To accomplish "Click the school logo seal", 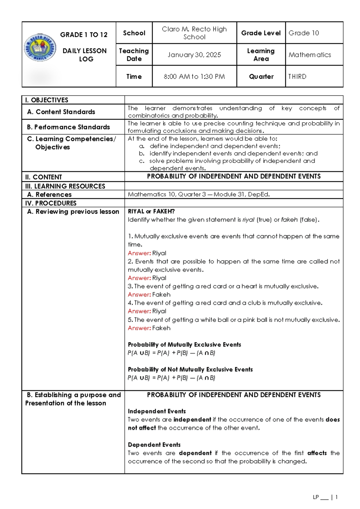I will point(40,47).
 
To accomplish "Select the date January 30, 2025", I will point(194,55).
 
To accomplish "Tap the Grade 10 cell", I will point(304,33).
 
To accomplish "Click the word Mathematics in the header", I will point(310,55).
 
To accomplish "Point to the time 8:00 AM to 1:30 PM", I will point(194,77).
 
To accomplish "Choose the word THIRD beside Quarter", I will point(297,77).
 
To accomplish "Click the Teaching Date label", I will point(134,55).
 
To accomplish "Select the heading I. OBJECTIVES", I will point(47,100).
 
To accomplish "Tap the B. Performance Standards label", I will point(68,127).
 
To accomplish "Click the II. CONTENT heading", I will point(44,177).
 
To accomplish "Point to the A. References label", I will point(49,194).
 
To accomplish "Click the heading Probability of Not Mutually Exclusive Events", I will point(190,369).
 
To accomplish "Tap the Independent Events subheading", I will point(157,411).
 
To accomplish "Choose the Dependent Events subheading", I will point(154,445).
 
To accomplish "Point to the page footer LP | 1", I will point(325,497).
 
